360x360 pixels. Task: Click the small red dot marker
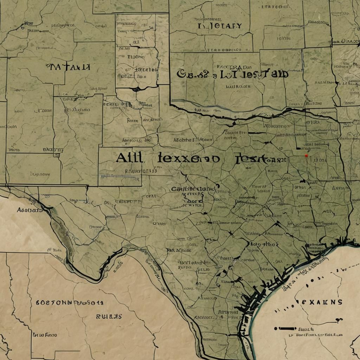coord(306,155)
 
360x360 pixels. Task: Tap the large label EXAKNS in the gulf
coord(320,302)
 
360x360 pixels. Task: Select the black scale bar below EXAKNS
coord(285,328)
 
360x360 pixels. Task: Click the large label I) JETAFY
coord(219,26)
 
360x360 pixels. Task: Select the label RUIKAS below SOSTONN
coord(109,316)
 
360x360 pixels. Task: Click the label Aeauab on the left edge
coord(30,210)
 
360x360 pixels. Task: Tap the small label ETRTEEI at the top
coord(268,7)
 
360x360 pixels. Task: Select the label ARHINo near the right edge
coord(324,83)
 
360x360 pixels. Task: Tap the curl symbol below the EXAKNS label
coord(339,320)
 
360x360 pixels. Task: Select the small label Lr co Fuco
coord(45,335)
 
